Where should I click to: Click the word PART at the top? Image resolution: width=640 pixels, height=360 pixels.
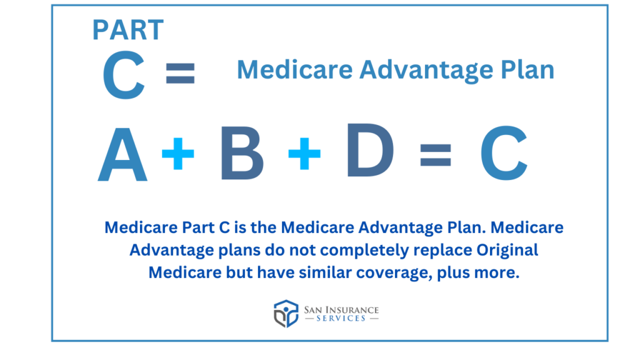(x=128, y=30)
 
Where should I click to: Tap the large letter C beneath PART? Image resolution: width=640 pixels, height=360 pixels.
(x=124, y=75)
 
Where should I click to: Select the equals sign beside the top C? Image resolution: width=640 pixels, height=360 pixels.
(x=181, y=74)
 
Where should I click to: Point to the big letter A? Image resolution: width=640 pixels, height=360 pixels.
(x=122, y=154)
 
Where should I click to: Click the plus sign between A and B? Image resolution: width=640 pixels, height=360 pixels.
(x=178, y=154)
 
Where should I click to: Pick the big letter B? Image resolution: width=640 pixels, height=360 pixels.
(x=242, y=153)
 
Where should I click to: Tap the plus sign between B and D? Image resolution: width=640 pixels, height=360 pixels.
(x=304, y=154)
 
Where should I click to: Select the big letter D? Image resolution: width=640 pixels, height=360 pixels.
(x=370, y=151)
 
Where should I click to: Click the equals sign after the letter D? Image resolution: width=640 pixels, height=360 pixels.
(x=436, y=155)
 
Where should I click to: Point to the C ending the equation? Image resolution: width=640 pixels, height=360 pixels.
(x=504, y=153)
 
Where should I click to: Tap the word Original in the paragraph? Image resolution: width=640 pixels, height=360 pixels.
(x=507, y=250)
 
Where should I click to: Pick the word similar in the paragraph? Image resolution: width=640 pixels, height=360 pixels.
(x=325, y=272)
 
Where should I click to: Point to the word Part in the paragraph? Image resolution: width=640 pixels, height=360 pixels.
(x=198, y=227)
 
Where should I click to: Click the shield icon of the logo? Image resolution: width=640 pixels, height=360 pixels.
(x=286, y=314)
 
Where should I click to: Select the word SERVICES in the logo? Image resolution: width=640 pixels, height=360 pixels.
(x=341, y=319)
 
